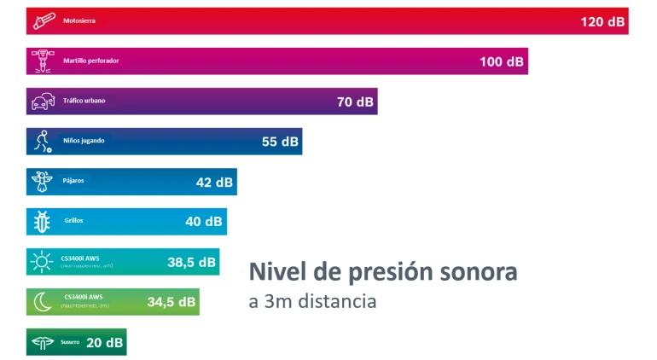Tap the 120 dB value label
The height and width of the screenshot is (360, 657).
(x=602, y=21)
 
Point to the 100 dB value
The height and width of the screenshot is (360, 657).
(x=502, y=61)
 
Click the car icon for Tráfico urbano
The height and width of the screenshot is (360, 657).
(x=41, y=102)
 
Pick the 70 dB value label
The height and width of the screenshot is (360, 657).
(x=355, y=102)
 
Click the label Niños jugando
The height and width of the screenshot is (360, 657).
(x=84, y=141)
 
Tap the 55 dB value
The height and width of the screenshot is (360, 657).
(x=280, y=142)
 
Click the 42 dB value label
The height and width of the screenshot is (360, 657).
(x=214, y=182)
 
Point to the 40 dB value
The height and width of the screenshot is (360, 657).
(x=204, y=222)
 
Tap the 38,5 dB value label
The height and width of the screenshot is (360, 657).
(x=191, y=262)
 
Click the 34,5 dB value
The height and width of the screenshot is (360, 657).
(x=172, y=302)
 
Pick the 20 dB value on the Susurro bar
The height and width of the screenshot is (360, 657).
(x=104, y=342)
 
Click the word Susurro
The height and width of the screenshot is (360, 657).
(x=70, y=342)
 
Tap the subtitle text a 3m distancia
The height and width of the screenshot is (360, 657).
(x=312, y=302)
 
